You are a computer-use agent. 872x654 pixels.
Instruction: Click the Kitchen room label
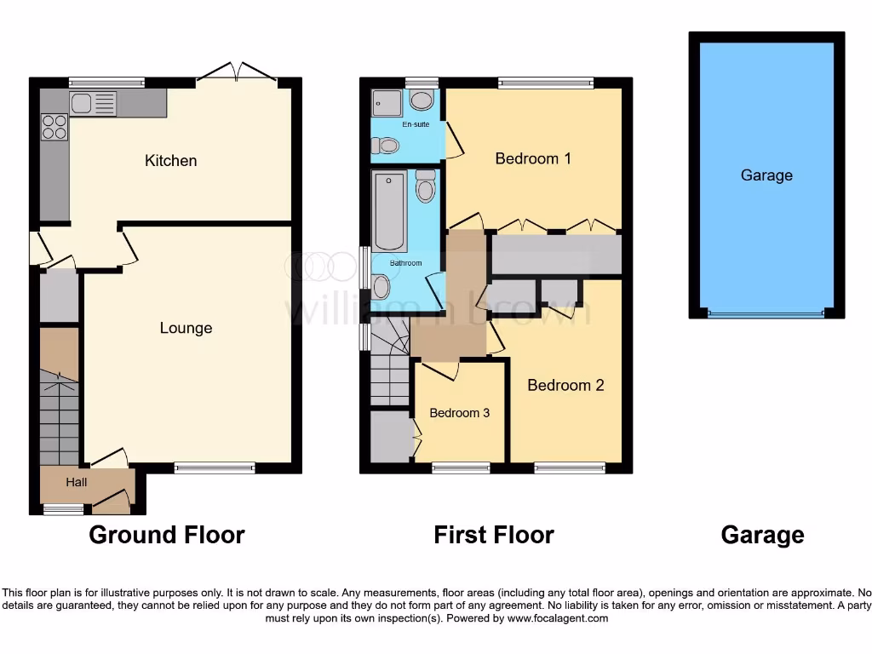[170, 160]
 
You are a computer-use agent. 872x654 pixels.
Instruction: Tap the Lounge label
[186, 328]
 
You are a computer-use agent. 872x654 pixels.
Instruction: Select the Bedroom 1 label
[533, 158]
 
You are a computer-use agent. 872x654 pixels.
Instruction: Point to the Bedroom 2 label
[565, 385]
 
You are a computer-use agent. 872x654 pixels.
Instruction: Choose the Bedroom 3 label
[459, 413]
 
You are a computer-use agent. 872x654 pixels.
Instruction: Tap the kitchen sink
[93, 104]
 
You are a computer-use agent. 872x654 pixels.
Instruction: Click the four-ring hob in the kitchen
[54, 127]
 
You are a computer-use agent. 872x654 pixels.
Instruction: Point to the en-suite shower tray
[386, 102]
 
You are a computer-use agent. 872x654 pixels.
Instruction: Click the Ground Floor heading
[167, 535]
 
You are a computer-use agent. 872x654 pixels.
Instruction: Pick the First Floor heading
[494, 535]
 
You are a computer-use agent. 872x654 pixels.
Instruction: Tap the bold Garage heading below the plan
[762, 535]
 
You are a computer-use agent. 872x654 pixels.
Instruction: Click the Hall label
[77, 482]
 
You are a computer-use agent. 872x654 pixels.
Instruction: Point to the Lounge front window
[215, 467]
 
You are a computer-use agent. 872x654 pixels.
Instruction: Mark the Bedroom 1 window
[546, 83]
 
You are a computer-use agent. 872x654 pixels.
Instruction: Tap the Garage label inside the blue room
[766, 175]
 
